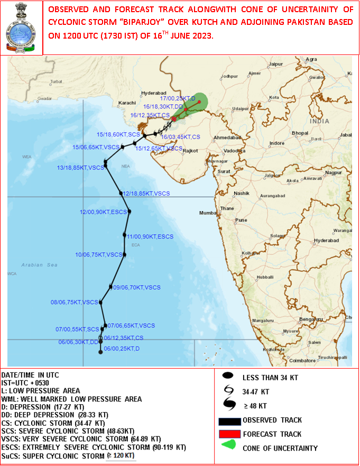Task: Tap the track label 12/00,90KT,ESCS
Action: tap(104, 212)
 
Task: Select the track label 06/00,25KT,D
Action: tap(122, 349)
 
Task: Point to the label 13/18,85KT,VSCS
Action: tap(80, 168)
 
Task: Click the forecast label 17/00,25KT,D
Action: tap(178, 99)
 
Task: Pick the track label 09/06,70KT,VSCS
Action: tap(136, 287)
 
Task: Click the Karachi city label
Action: tap(127, 102)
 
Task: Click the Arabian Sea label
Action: tap(39, 264)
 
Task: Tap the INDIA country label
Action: tap(319, 121)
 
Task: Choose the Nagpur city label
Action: tap(334, 172)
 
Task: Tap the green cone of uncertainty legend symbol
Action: tap(229, 447)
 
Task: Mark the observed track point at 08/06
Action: tap(101, 303)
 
